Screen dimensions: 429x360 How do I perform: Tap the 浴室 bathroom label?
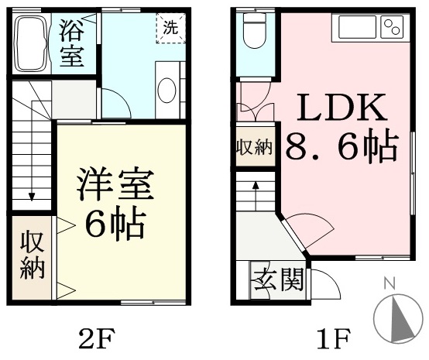(x=72, y=43)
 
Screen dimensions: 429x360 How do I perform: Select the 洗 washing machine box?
(x=171, y=28)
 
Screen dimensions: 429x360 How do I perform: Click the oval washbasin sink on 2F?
(x=167, y=91)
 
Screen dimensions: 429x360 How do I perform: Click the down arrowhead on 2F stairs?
(x=32, y=197)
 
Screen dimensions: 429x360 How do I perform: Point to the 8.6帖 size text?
(x=341, y=147)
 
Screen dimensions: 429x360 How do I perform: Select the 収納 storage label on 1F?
(x=255, y=147)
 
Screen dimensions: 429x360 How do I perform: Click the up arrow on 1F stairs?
(x=256, y=196)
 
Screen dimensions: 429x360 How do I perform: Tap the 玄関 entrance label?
(x=279, y=279)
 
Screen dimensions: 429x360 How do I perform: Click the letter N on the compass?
(x=390, y=283)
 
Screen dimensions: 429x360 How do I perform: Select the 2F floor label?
(x=95, y=338)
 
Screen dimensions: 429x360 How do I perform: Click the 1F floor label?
(x=334, y=338)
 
